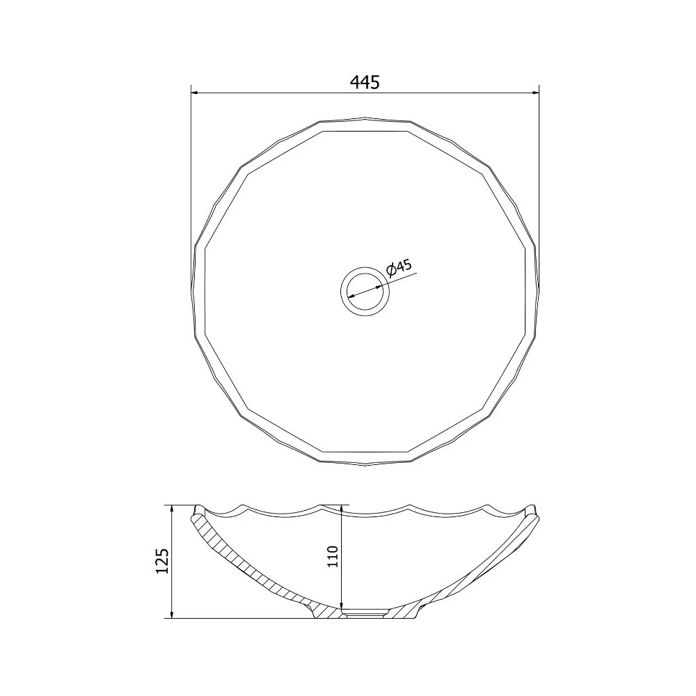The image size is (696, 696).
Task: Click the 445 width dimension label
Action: [x=365, y=82]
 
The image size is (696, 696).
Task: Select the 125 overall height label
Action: [x=162, y=561]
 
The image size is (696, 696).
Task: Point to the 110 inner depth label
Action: [x=333, y=556]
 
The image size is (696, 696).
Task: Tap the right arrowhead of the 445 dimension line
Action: [x=535, y=93]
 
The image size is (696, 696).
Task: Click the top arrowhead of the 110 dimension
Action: [x=341, y=509]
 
